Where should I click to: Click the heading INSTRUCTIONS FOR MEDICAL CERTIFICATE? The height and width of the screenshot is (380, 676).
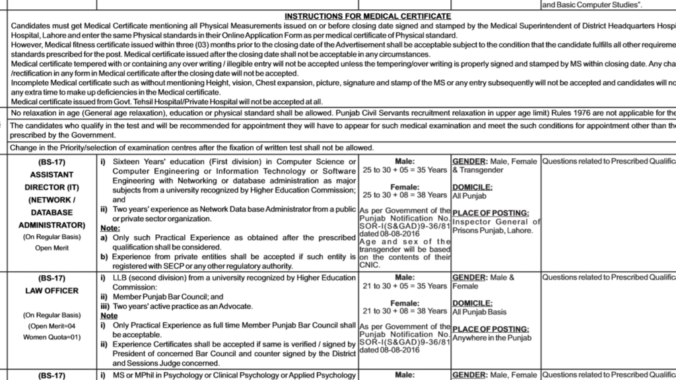point(368,15)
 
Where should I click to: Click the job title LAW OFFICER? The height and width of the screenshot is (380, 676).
point(51,291)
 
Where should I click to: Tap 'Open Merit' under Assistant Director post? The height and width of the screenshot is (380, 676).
point(51,248)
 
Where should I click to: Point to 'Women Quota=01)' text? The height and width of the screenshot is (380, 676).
point(51,338)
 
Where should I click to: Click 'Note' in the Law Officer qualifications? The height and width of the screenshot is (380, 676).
point(108,316)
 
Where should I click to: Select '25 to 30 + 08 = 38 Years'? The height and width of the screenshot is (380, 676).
point(405,195)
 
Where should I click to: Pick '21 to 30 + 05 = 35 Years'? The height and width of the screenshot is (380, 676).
point(405,286)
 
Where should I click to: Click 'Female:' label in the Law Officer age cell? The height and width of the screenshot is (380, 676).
point(405,303)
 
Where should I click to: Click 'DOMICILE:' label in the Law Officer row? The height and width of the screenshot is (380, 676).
point(473,303)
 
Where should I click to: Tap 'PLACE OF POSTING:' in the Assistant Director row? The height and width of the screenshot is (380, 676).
point(491,213)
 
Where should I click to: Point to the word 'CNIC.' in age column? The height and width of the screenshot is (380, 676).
point(370,266)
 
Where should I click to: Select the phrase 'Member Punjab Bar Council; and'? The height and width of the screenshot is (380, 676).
point(164,297)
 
